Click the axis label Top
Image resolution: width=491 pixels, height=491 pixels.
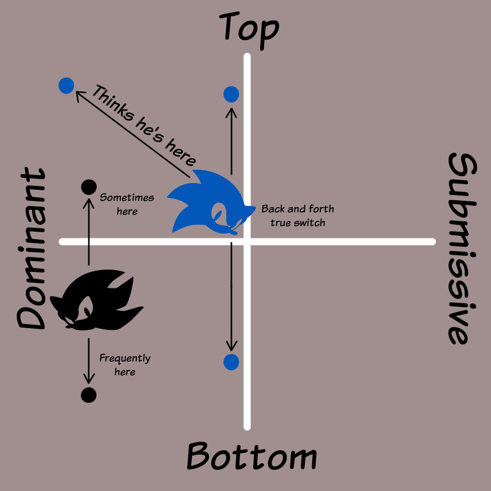(x=249, y=28)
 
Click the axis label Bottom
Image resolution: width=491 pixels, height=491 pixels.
(x=252, y=457)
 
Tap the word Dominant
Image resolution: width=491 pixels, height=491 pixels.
(x=31, y=249)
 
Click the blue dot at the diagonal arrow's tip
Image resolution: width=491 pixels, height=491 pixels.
(x=66, y=86)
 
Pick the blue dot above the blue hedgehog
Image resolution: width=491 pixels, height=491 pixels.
(x=231, y=94)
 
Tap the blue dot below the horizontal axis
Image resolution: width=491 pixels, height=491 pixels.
(x=231, y=362)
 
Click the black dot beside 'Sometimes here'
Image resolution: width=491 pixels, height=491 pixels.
(x=89, y=186)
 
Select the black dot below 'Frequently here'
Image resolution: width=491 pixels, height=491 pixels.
(x=88, y=395)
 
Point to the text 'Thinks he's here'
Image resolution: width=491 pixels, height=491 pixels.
(x=144, y=126)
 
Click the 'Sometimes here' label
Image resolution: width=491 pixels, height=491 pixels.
(x=127, y=204)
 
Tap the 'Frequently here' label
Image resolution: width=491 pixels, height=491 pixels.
(x=125, y=365)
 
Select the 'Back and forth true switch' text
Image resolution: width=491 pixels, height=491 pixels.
(x=297, y=216)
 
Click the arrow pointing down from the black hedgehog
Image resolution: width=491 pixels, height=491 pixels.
(x=88, y=361)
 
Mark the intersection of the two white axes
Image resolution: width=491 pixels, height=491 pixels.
(x=247, y=241)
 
